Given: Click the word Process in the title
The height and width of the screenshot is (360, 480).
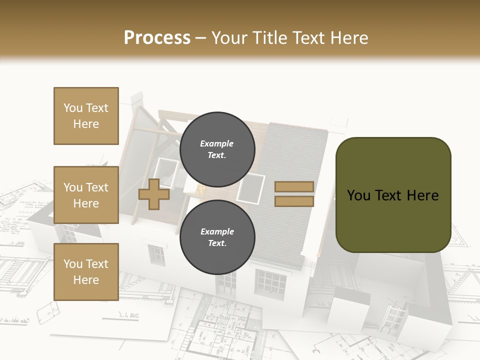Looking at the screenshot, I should (x=157, y=38).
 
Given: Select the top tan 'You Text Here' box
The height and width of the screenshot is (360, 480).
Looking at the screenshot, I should (x=86, y=116).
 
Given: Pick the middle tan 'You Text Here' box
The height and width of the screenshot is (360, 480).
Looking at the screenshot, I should (x=86, y=195).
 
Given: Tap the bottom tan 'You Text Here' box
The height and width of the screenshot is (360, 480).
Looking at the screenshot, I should (x=86, y=272).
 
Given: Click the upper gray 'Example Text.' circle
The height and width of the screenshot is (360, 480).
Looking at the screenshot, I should (x=217, y=149).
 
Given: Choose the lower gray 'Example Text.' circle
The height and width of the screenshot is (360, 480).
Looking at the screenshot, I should (x=217, y=237).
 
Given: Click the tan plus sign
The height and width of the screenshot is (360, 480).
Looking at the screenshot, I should (x=154, y=194).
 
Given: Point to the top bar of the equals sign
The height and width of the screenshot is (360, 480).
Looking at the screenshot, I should (x=294, y=186).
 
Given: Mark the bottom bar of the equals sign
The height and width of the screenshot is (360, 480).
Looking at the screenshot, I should (x=294, y=201).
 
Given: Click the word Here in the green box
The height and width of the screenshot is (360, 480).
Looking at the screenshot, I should (x=422, y=195).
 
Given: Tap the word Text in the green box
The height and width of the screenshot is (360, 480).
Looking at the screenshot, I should (x=389, y=195).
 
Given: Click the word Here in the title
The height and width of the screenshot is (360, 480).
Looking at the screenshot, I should (x=348, y=38).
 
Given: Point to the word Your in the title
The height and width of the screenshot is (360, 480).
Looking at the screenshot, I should (x=229, y=38).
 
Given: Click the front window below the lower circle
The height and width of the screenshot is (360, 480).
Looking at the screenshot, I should (x=270, y=281).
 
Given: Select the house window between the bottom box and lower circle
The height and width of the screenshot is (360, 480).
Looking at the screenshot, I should (x=156, y=254).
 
